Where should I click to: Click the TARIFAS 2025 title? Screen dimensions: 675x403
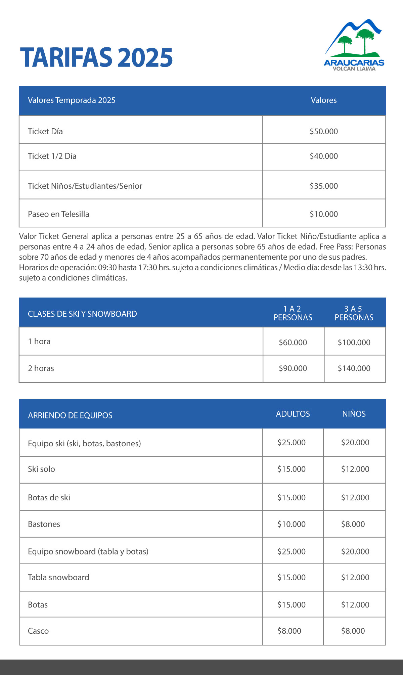[96, 58]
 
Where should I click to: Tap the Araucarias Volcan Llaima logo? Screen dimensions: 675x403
[354, 45]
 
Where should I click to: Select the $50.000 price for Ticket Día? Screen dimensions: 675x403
[324, 131]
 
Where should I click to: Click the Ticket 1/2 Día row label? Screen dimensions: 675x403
[52, 156]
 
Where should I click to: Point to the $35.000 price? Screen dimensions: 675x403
[324, 186]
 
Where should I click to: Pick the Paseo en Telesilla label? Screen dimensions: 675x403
[58, 214]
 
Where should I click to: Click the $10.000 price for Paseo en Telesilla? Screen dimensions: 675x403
[324, 214]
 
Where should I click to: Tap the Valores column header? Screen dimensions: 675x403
[324, 100]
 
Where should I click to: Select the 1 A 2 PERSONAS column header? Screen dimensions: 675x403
[293, 313]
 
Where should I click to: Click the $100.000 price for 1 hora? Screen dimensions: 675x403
[354, 343]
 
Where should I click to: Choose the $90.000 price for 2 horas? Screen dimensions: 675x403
[293, 368]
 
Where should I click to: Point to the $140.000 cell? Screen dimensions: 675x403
[354, 368]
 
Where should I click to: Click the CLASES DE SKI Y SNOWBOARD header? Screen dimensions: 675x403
[82, 314]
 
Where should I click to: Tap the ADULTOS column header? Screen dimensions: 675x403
[293, 414]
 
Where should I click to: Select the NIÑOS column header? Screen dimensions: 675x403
[354, 414]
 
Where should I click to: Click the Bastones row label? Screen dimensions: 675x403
[44, 524]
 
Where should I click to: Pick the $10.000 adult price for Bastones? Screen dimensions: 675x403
[292, 524]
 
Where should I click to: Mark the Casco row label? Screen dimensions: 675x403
[38, 631]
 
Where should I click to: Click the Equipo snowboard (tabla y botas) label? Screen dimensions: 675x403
[88, 551]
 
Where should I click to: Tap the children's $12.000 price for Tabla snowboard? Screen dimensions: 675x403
[355, 578]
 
